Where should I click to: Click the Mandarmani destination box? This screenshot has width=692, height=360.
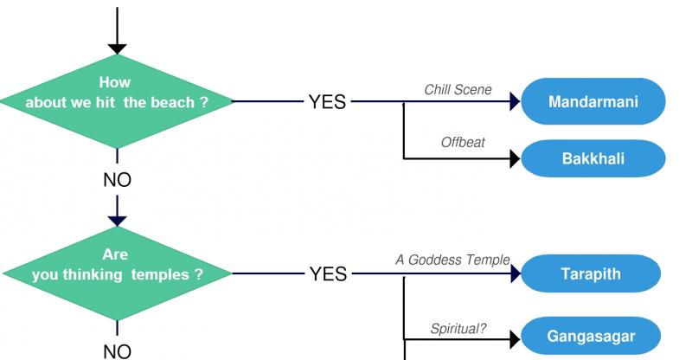[593, 101]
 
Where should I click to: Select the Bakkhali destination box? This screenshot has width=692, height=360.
[593, 158]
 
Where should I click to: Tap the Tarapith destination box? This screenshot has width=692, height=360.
[591, 273]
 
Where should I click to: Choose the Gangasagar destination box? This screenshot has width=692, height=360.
[591, 336]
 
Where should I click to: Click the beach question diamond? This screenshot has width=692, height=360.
[117, 101]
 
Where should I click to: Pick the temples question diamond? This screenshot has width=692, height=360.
[117, 273]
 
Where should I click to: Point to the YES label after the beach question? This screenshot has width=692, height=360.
[327, 101]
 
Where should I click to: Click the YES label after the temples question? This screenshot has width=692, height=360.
[328, 273]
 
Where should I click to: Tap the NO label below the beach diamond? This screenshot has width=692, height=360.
[117, 180]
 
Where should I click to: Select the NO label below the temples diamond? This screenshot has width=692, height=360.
[117, 352]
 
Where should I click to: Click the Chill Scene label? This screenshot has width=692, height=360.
[458, 90]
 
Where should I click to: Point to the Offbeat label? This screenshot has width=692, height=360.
[463, 142]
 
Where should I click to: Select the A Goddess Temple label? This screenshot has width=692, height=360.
[452, 260]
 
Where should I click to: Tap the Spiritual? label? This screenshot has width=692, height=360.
[458, 329]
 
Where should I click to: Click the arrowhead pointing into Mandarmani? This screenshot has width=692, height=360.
[515, 101]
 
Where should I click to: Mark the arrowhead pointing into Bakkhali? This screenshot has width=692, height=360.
[515, 158]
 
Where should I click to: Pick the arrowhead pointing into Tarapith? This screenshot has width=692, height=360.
[516, 273]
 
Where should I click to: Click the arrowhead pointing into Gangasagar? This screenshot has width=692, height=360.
[515, 339]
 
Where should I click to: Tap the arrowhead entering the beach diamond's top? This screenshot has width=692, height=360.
[117, 48]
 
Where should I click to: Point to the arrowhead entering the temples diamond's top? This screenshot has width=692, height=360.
[117, 221]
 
